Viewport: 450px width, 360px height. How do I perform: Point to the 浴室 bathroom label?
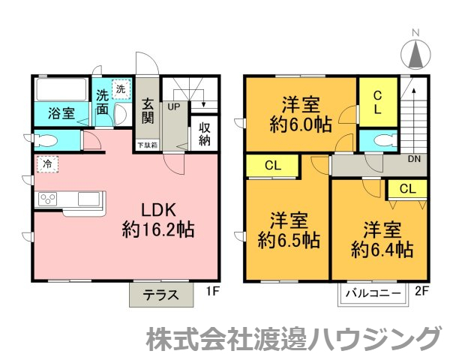61,114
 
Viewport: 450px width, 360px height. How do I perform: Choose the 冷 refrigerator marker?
46,162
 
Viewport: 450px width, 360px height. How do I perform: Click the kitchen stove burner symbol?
49,199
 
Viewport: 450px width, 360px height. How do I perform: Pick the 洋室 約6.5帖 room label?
288,231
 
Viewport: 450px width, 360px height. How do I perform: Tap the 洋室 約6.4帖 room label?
382,238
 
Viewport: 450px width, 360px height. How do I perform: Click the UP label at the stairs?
173,106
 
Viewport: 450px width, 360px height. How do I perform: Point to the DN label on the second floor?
414,159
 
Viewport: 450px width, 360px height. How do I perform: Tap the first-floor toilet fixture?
46,141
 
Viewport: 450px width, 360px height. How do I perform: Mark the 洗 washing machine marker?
120,89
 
